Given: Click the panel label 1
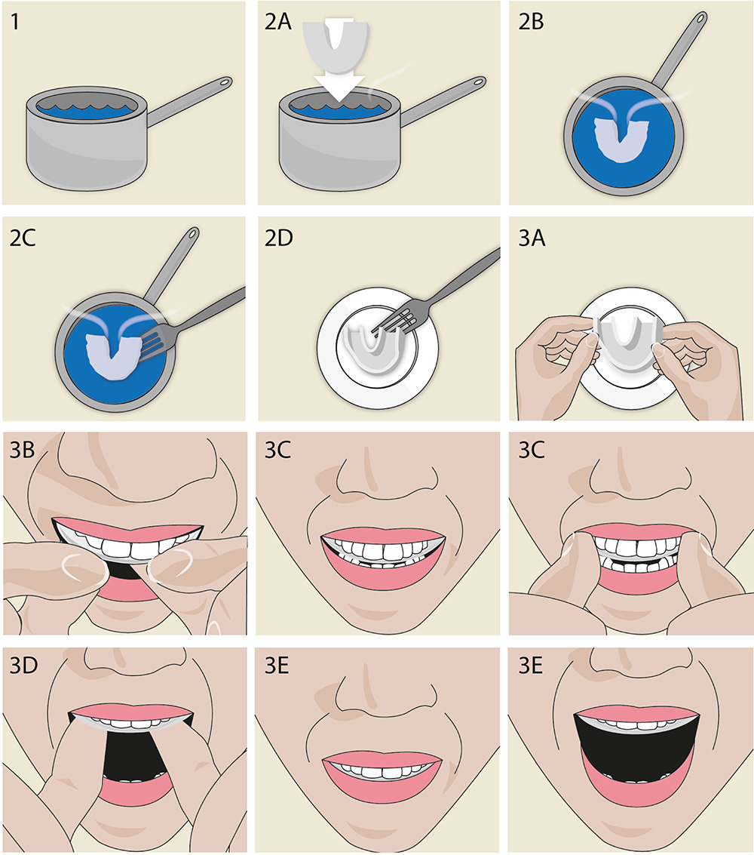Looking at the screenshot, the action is click(15, 23).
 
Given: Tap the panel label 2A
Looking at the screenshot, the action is click(277, 23).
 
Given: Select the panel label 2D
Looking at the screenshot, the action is click(278, 238).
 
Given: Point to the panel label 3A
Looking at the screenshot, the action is click(532, 238).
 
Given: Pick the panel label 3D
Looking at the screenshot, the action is click(23, 666).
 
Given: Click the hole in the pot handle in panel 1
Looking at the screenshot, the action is click(225, 83).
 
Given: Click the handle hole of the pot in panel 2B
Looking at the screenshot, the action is click(700, 19).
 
